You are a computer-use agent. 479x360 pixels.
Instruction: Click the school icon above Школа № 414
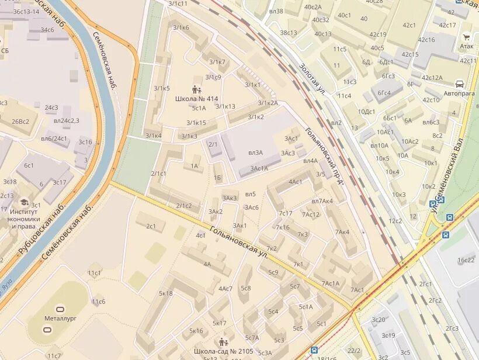pyautogui.click(x=196, y=90)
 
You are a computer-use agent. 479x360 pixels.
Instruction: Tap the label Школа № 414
pyautogui.click(x=196, y=99)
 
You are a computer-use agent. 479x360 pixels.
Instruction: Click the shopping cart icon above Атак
pyautogui.click(x=467, y=37)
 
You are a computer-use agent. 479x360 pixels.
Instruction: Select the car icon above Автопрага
pyautogui.click(x=460, y=84)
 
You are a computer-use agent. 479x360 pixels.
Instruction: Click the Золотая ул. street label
pyautogui.click(x=313, y=77)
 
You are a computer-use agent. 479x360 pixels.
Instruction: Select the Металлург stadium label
pyautogui.click(x=61, y=319)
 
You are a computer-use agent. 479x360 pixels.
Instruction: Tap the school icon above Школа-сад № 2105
pyautogui.click(x=223, y=342)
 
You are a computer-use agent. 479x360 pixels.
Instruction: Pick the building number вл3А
pyautogui.click(x=255, y=153)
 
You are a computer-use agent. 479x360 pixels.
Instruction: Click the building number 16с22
pyautogui.click(x=466, y=260)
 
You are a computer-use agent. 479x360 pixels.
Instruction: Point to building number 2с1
pyautogui.click(x=151, y=226)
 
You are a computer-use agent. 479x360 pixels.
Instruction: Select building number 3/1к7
pyautogui.click(x=217, y=62)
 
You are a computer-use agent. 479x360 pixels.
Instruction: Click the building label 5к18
pyautogui.click(x=166, y=293)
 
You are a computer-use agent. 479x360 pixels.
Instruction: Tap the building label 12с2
pyautogui.click(x=395, y=220)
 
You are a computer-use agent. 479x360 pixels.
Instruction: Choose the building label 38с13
pyautogui.click(x=288, y=33)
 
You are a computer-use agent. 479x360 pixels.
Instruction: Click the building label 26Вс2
pyautogui.click(x=20, y=122)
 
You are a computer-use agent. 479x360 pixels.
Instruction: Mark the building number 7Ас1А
pyautogui.click(x=330, y=283)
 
